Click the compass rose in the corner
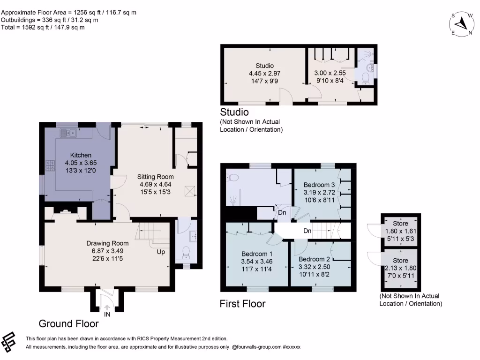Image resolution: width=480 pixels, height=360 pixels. coord(463,23)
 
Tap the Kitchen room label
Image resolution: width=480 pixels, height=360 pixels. coord(81,155)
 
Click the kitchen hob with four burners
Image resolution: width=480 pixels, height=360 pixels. coord(50,165)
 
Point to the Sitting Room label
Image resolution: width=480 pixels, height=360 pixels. coord(155,177)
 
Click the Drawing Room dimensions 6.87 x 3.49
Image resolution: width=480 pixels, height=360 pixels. coord(107,251)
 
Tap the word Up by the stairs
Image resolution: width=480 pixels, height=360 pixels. coord(161,252)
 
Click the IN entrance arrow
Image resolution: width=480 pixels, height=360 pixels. coord(106,309)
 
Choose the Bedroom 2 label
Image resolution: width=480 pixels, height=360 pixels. coord(315,259)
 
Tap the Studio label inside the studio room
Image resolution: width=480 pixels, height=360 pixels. coord(264,66)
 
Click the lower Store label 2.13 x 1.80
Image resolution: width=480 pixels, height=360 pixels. coord(400,261)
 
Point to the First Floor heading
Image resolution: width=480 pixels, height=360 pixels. coord(242,304)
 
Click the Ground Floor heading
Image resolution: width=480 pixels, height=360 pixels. coord(68,323)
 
